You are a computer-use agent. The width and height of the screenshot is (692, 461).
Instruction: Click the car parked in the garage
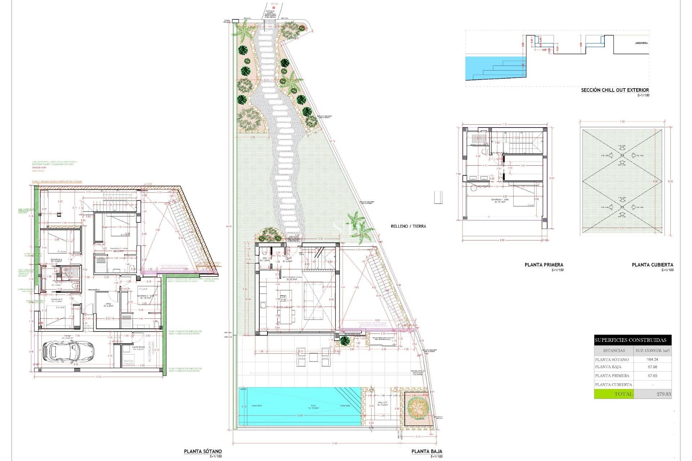pos(68,351)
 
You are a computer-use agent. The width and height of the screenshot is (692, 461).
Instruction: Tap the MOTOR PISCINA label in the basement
pos(129,362)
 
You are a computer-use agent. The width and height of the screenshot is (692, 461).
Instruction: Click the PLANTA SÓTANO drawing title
pos(203,451)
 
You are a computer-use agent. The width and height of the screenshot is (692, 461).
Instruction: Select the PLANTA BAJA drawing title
pos(427,451)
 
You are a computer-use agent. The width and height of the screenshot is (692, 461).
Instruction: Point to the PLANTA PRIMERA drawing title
pos(544,265)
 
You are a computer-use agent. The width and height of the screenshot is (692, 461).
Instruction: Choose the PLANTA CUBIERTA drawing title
pos(652,265)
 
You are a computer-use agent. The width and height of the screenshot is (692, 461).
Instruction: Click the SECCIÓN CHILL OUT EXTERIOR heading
pos(615,90)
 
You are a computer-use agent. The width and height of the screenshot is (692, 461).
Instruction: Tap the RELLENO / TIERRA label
pos(408,226)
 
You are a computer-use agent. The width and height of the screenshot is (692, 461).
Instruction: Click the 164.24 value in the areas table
pos(652,359)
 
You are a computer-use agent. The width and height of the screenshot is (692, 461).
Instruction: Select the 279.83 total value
pos(664,394)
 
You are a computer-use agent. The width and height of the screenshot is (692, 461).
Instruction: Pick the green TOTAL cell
pos(614,394)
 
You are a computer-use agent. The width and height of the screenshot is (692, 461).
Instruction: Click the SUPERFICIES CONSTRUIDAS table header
pos(630,340)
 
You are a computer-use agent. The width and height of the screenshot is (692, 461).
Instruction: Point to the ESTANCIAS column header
pos(614,350)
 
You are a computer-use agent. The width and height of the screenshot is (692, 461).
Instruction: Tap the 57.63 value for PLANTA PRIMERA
pos(652,376)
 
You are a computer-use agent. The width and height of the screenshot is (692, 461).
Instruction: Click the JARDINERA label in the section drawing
pos(641,43)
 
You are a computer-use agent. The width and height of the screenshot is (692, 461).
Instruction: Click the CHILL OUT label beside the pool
pos(382,403)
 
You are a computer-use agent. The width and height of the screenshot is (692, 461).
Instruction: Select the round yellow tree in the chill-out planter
pos(418,407)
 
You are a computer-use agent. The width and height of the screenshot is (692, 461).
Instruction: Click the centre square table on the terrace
pos(313,357)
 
